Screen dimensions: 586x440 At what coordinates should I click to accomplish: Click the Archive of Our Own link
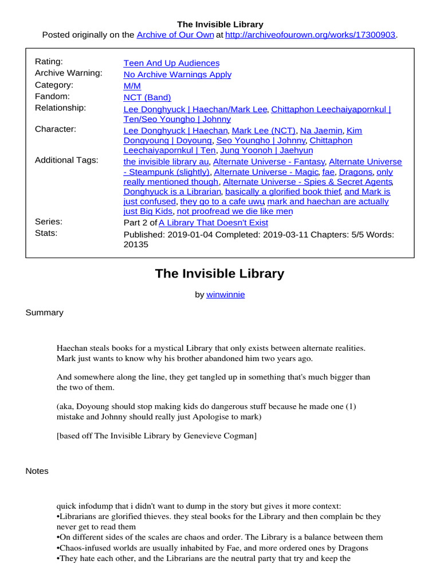(175, 35)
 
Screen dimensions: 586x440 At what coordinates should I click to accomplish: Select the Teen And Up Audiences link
(171, 63)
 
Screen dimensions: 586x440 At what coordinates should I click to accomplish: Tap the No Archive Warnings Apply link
(178, 74)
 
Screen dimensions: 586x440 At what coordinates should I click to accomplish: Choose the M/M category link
(132, 86)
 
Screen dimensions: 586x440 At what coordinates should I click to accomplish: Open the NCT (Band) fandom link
(147, 97)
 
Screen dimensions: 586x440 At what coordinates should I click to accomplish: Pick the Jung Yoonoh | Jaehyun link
(267, 151)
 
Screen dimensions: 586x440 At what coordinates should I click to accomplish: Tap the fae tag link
(328, 172)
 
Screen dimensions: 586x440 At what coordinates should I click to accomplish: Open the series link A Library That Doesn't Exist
(213, 223)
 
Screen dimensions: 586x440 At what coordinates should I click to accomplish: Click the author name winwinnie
(226, 295)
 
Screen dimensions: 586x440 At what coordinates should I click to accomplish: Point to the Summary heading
(45, 312)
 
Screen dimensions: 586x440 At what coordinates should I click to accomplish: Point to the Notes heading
(37, 471)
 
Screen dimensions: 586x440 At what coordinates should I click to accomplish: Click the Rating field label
(49, 62)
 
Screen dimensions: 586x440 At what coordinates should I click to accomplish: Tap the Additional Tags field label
(66, 160)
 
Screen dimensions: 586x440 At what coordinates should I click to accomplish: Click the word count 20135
(136, 244)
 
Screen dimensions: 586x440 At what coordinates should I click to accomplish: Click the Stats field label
(46, 233)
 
